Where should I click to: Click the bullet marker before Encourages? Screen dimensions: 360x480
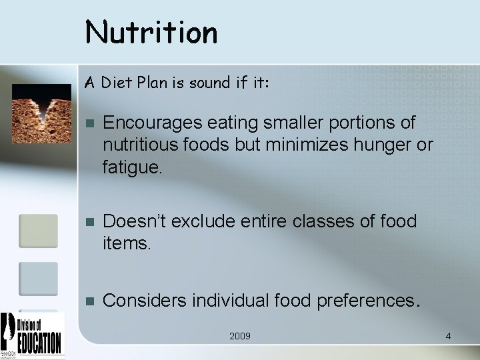(91, 124)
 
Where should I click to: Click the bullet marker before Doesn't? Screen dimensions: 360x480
(91, 221)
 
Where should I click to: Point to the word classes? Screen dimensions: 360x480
(327, 220)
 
